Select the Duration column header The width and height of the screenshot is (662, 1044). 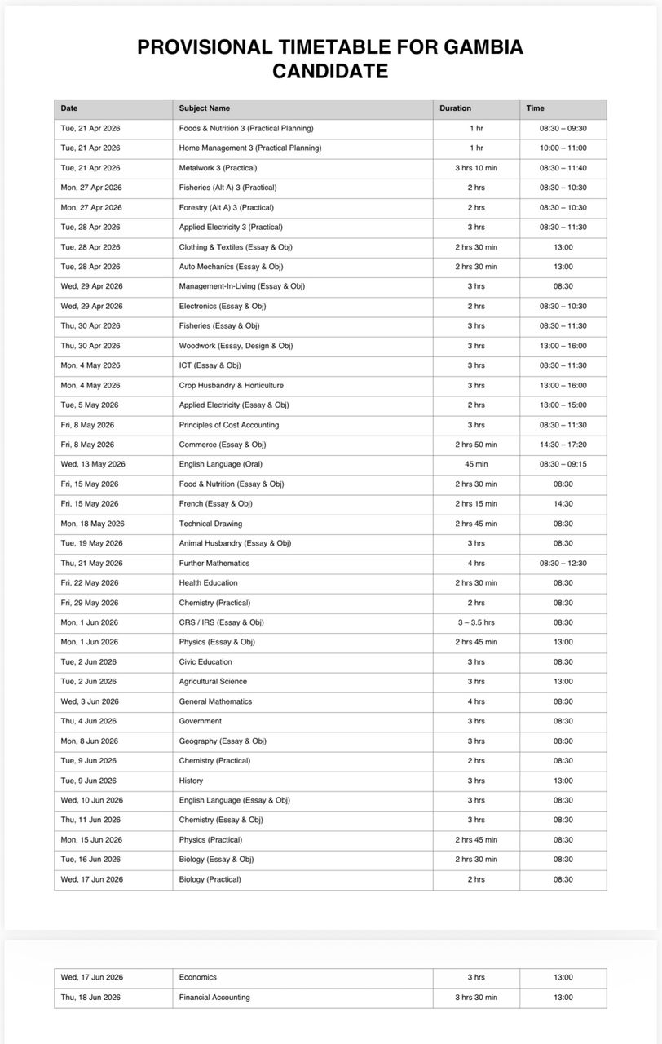[x=455, y=108]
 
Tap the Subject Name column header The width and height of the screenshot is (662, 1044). [x=205, y=108]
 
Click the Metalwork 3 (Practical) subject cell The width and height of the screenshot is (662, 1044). [x=218, y=168]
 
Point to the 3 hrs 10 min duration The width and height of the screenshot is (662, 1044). [x=476, y=168]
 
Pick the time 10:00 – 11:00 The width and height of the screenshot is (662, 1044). [x=563, y=148]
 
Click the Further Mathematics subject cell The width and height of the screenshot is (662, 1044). [x=214, y=564]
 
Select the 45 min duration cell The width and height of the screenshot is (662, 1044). [x=476, y=464]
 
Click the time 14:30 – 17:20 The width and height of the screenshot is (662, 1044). [x=563, y=445]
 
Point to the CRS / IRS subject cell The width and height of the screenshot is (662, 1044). [x=222, y=622]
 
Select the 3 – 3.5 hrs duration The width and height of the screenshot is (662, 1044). [x=476, y=622]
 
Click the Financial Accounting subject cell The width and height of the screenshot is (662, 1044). [x=214, y=998]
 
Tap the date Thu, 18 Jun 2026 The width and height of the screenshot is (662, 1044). [x=90, y=998]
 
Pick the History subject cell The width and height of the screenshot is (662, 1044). [x=191, y=781]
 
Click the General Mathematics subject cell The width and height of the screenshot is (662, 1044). [x=215, y=701]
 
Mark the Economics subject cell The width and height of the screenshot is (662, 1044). [x=198, y=977]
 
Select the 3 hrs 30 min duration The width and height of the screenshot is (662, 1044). [x=476, y=998]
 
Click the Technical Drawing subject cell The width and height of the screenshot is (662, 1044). [x=210, y=524]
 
